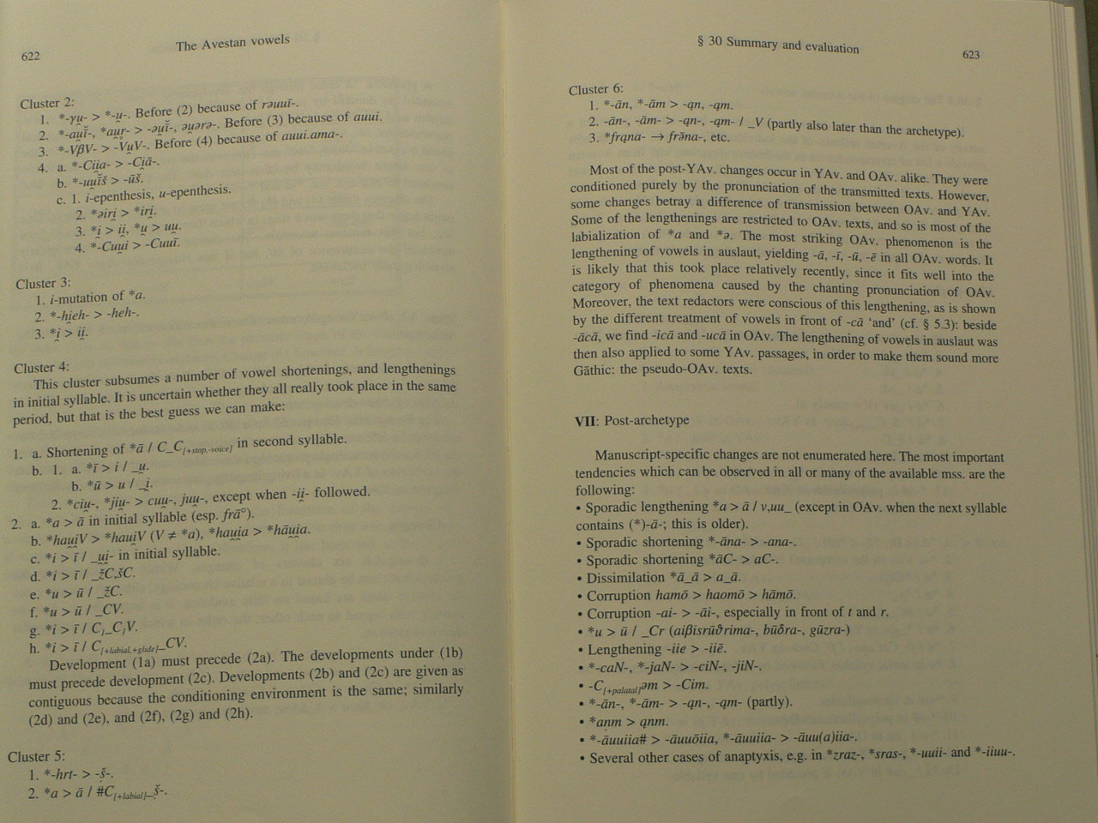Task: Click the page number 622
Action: tap(31, 57)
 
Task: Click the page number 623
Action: tap(971, 54)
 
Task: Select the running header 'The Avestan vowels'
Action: tap(232, 43)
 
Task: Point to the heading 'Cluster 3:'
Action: tap(43, 283)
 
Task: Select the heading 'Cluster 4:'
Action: tap(41, 368)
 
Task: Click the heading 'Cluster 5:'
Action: tap(36, 756)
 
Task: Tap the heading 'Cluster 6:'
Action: tap(595, 89)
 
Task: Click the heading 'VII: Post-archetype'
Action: tap(631, 420)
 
